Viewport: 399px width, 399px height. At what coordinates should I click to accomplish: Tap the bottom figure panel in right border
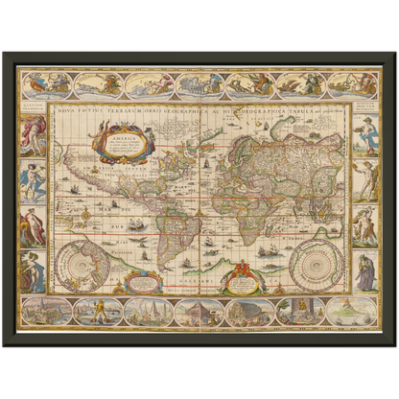tap(366, 271)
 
